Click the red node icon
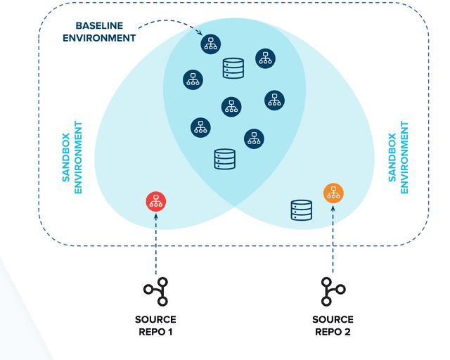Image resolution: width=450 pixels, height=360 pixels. (x=155, y=202)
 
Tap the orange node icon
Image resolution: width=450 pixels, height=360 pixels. (x=333, y=192)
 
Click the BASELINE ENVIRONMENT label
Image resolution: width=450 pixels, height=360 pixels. (x=99, y=32)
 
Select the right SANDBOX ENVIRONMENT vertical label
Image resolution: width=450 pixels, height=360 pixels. (x=399, y=158)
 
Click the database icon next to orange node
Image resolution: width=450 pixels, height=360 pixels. (x=302, y=210)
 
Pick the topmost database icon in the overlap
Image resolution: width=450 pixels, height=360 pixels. (x=233, y=68)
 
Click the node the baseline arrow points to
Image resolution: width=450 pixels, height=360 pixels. (x=210, y=44)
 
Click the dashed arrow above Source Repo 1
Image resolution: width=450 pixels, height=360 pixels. (x=155, y=243)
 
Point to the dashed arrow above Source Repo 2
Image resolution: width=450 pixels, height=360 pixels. (x=333, y=239)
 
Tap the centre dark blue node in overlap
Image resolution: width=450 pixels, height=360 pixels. (x=231, y=106)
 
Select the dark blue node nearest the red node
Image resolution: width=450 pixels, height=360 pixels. (x=200, y=127)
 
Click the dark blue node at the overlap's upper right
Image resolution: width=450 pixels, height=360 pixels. (x=264, y=58)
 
